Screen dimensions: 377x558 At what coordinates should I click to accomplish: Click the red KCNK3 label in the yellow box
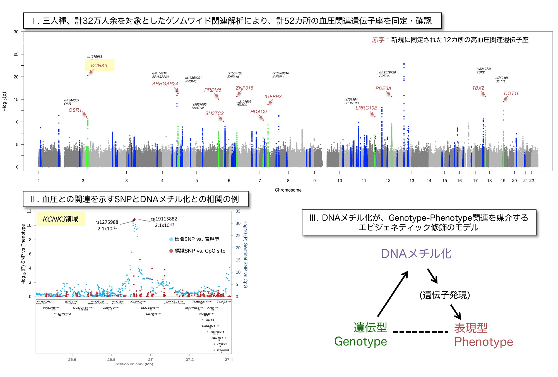(99, 66)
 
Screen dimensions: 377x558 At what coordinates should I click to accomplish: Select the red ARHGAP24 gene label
(165, 84)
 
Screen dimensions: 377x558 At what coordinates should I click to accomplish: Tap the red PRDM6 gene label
(213, 90)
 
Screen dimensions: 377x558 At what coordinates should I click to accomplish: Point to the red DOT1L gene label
(511, 94)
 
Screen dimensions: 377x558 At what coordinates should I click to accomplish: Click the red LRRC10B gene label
(366, 108)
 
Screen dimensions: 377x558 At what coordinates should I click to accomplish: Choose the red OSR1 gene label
(75, 110)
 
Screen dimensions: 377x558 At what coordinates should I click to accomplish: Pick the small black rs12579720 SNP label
(387, 72)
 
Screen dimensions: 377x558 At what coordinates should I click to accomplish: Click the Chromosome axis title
(288, 190)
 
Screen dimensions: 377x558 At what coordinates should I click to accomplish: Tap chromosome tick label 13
(412, 181)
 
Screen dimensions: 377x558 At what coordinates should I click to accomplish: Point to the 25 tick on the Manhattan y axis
(16, 54)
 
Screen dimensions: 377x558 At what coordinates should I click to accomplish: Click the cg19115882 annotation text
(164, 219)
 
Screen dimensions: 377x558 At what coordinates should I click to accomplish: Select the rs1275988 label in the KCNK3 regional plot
(107, 222)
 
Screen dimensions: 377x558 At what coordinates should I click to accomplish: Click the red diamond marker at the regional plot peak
(134, 219)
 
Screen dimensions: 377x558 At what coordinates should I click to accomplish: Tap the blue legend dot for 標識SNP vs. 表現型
(171, 239)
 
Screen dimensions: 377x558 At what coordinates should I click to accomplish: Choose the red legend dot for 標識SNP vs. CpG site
(171, 251)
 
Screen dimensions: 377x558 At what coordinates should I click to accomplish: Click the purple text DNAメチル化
(416, 254)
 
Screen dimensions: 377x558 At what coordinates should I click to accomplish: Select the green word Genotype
(360, 342)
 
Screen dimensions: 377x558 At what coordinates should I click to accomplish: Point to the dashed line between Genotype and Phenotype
(420, 332)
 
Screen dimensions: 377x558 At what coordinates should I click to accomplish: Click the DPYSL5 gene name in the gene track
(173, 302)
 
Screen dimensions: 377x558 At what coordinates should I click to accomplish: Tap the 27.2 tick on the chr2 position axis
(189, 359)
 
